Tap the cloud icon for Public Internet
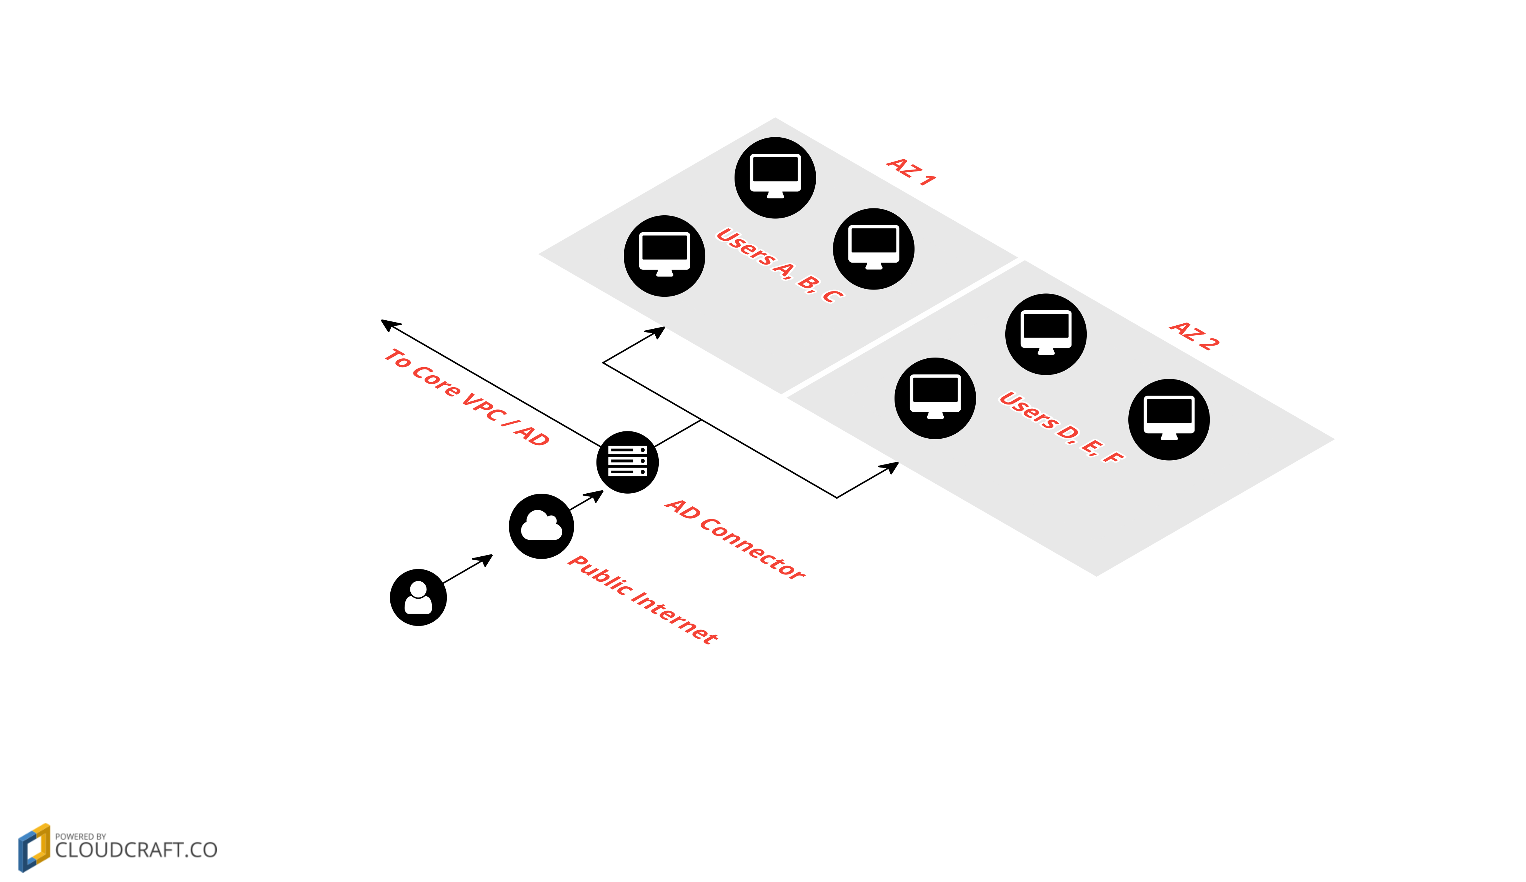(541, 526)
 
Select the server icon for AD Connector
(627, 462)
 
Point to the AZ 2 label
(1194, 335)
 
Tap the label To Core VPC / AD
(467, 397)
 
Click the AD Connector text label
(735, 539)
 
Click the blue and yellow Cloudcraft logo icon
(34, 847)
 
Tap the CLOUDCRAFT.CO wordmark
(136, 850)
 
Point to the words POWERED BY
(80, 836)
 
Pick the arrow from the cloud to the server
(586, 500)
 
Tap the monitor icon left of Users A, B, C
(664, 255)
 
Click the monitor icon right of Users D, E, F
(1169, 419)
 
